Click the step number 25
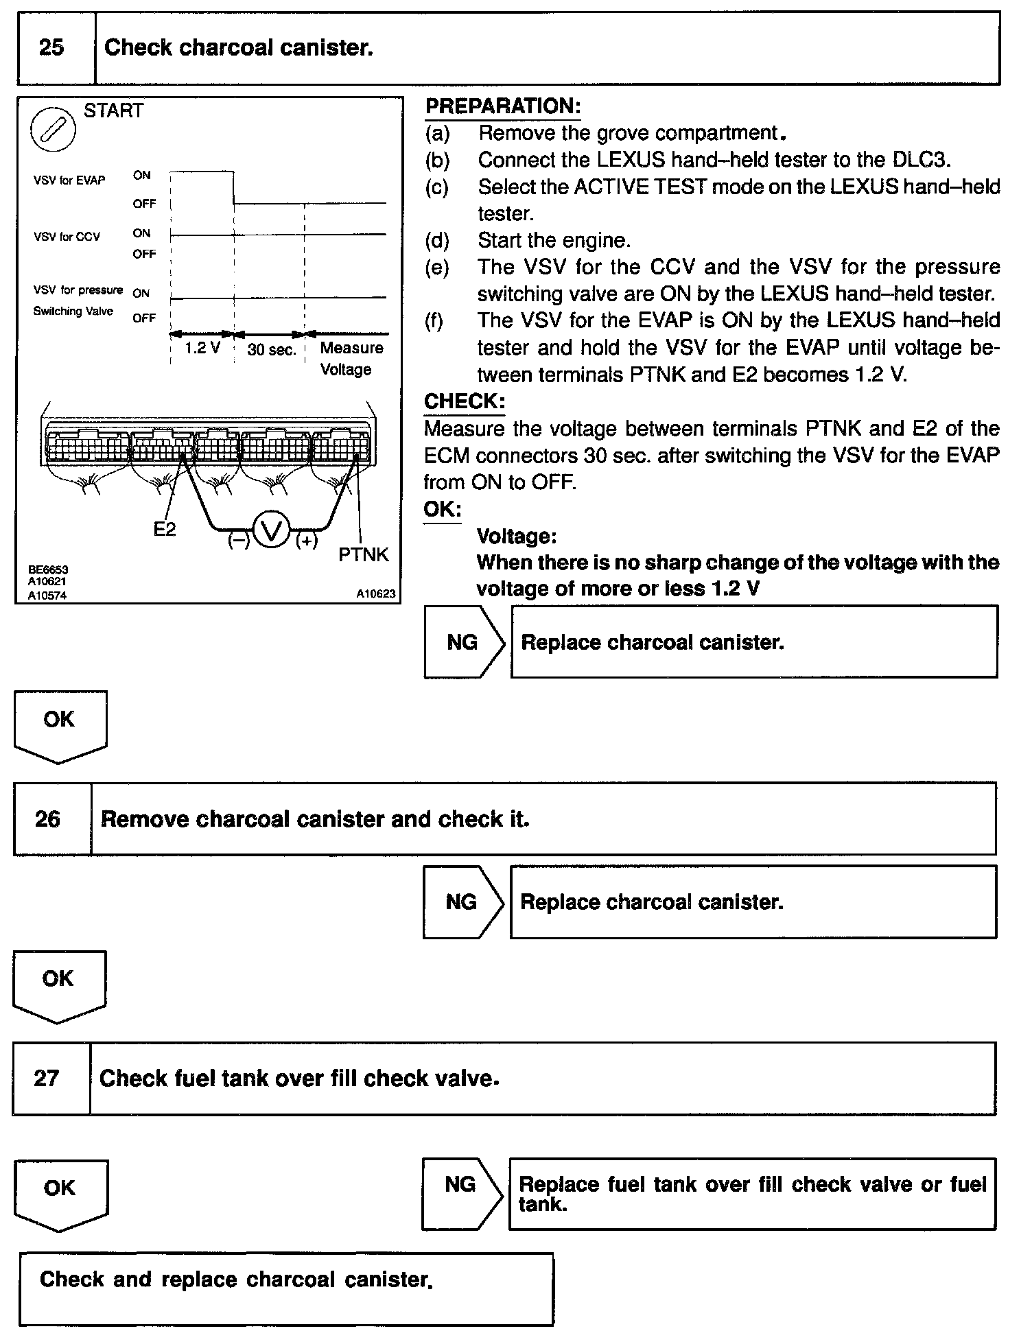(51, 47)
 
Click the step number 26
(47, 819)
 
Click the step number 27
(46, 1078)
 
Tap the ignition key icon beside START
(53, 130)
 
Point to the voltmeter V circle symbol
(272, 532)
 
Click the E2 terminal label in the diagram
(165, 529)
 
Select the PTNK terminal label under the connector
(364, 554)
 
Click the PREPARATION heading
(503, 106)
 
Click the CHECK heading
(464, 401)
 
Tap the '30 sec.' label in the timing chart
(271, 349)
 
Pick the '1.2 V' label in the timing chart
(202, 348)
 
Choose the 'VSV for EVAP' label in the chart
(69, 180)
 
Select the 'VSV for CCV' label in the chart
(67, 237)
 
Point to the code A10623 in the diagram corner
(375, 594)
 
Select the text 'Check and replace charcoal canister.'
(236, 1280)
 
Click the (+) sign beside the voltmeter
(307, 541)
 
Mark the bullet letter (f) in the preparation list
(434, 320)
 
